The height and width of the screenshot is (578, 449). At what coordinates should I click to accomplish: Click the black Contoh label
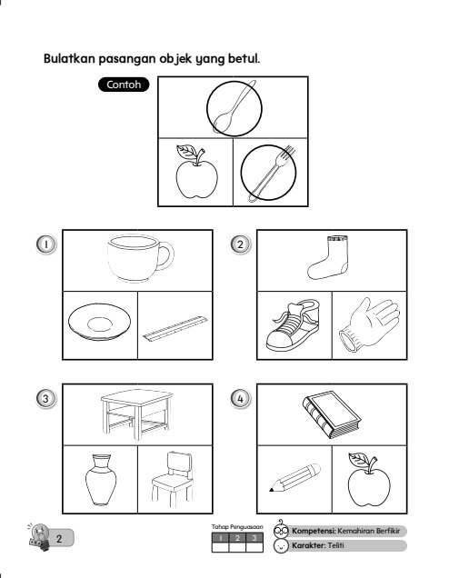124,85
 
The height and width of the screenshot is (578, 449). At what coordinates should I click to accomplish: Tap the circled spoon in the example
234,107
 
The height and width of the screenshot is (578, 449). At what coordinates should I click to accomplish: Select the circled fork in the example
272,174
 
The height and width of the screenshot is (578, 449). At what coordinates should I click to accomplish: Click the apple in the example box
196,172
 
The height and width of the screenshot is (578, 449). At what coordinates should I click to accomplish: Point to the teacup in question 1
140,258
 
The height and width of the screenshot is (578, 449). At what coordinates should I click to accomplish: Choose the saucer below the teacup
99,322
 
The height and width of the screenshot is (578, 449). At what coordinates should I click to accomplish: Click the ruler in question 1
175,328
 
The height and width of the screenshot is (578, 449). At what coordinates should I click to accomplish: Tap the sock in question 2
328,258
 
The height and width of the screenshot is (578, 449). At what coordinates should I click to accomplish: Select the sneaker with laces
293,325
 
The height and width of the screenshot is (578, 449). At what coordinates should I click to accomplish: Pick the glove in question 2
369,324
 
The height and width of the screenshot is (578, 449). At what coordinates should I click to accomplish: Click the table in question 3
136,414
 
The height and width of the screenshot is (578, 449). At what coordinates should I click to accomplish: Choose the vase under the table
101,480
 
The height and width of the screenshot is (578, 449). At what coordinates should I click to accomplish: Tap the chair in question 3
173,479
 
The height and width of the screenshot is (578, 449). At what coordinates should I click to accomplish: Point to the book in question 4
331,414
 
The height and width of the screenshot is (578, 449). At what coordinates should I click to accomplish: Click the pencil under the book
294,477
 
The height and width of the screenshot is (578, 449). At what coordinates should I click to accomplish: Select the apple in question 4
369,480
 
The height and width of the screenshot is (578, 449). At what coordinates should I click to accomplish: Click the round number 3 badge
45,398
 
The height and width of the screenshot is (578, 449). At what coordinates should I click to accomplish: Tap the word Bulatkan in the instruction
69,58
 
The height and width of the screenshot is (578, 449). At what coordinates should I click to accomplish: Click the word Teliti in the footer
335,545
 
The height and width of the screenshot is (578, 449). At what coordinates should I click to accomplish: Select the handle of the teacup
166,255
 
